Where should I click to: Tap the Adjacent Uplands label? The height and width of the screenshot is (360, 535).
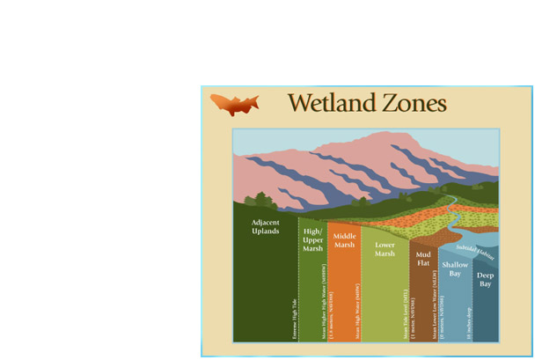(265, 227)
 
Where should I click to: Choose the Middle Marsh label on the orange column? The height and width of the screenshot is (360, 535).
(344, 240)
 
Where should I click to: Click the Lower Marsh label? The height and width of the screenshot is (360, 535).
(385, 249)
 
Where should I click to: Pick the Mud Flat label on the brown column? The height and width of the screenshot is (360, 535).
(423, 259)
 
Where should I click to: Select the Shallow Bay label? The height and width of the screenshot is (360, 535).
(455, 268)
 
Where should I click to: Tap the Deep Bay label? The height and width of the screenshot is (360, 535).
(486, 279)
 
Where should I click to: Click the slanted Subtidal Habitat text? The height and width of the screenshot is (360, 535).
(476, 252)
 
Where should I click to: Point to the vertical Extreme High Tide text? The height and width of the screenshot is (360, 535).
(295, 318)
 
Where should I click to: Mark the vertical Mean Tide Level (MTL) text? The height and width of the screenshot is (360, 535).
(405, 313)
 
